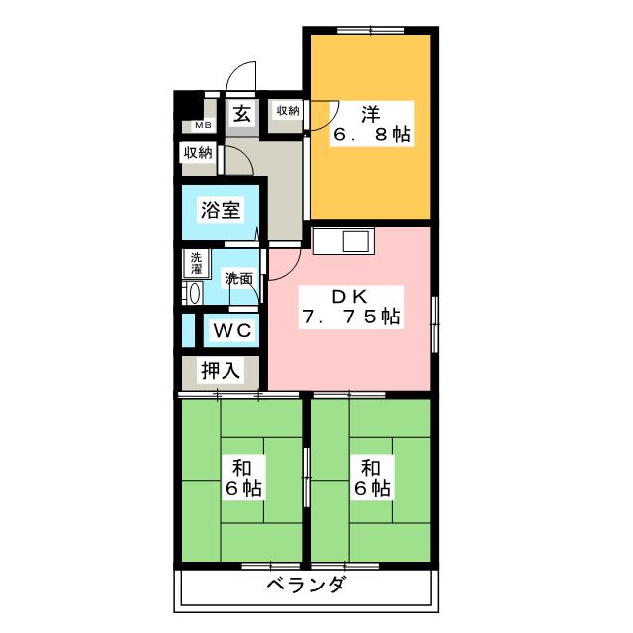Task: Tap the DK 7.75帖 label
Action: coord(350,307)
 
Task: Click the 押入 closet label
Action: coord(220,371)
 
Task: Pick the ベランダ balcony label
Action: coord(307,587)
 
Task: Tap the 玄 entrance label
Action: coord(242,113)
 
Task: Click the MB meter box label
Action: coord(202,126)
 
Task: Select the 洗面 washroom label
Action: coord(237,279)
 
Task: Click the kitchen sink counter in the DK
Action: coord(342,240)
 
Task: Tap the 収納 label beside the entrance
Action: coord(287,111)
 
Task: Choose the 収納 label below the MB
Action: coord(197,152)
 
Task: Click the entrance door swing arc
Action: coord(238,77)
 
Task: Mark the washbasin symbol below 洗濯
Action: coord(194,293)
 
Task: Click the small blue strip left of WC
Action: coord(187,329)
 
